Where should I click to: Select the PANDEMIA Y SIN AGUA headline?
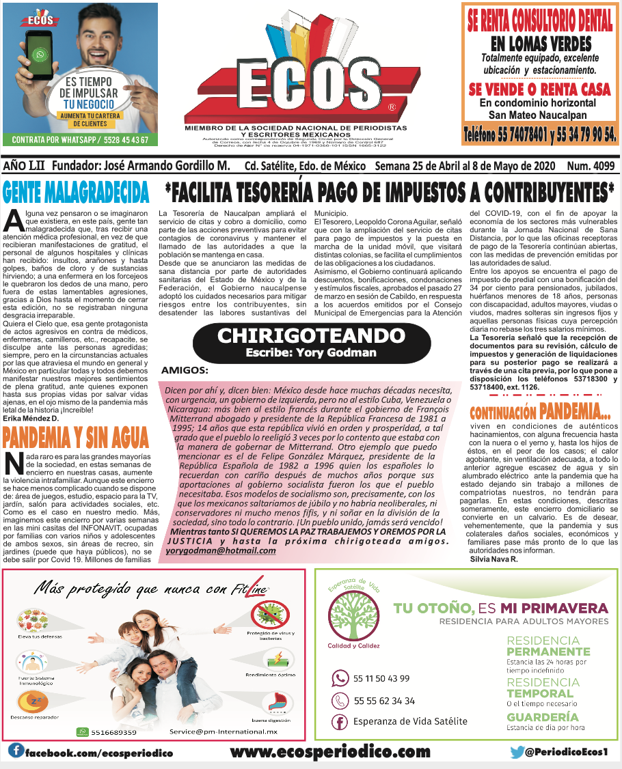[76, 435]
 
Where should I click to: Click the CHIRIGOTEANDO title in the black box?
[311, 336]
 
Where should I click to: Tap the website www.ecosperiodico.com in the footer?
[330, 752]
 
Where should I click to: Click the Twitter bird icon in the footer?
[517, 752]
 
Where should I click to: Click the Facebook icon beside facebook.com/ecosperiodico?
[15, 751]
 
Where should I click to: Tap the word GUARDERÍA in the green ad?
[542, 717]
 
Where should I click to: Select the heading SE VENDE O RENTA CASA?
[539, 89]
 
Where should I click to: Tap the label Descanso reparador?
[34, 717]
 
